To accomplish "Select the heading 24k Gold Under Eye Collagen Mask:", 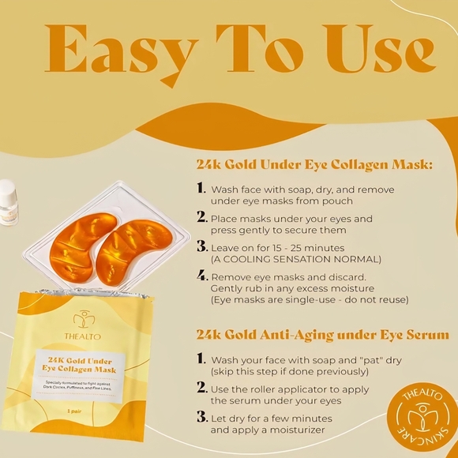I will click(314, 166).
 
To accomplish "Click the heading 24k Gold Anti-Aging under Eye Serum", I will click(322, 335).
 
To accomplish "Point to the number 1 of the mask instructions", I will click(201, 190).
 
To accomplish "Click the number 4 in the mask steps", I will click(201, 276).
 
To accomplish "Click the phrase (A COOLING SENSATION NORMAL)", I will click(295, 259).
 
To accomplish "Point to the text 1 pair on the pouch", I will click(75, 412).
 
